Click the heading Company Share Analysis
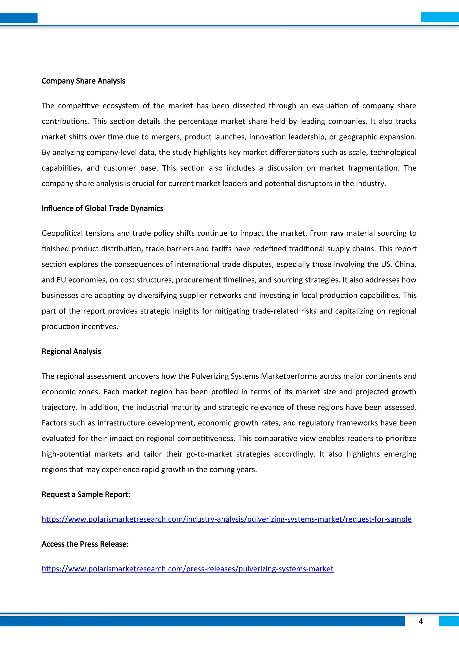click(83, 81)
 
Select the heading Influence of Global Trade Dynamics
click(102, 208)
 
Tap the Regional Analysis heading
click(71, 351)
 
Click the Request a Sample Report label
click(86, 494)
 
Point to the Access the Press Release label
click(85, 544)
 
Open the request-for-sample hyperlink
click(227, 519)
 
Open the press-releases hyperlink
click(187, 569)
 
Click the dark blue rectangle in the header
click(19, 18)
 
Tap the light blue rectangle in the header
click(440, 17)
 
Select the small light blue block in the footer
click(449, 621)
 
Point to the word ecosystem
click(120, 106)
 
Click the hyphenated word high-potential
click(66, 454)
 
